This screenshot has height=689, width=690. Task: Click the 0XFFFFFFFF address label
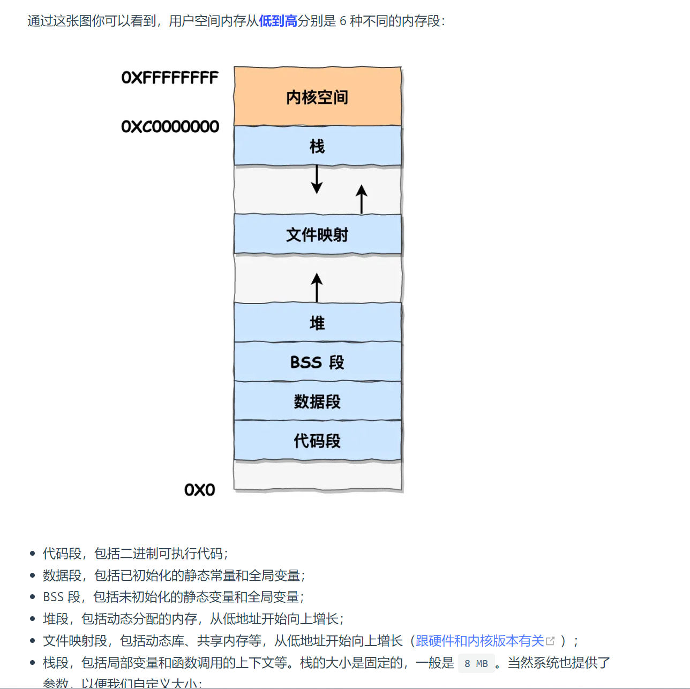coord(170,78)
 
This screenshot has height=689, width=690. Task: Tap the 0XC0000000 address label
coord(170,126)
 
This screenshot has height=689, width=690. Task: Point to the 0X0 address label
coord(199,490)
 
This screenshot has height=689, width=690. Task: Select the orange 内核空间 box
coord(317,97)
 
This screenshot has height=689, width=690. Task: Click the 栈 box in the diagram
coord(317,146)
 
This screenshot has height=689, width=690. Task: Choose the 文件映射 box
coord(317,234)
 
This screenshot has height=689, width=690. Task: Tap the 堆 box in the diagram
coord(317,322)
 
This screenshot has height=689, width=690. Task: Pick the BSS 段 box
coord(317,362)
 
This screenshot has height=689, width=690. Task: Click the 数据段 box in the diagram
coord(317,401)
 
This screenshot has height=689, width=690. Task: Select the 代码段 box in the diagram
coord(317,441)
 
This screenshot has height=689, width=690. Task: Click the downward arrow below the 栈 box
coord(317,179)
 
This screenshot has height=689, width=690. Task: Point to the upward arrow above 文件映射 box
coord(362,199)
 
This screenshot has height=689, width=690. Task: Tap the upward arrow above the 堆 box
coord(317,287)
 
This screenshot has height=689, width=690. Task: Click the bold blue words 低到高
coord(278,21)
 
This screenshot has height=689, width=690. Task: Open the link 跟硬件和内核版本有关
coord(479,641)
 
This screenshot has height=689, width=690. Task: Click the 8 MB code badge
coord(476,663)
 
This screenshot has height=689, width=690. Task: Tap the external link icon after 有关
coord(550,641)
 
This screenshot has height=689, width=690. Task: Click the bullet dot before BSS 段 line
coord(33,597)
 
